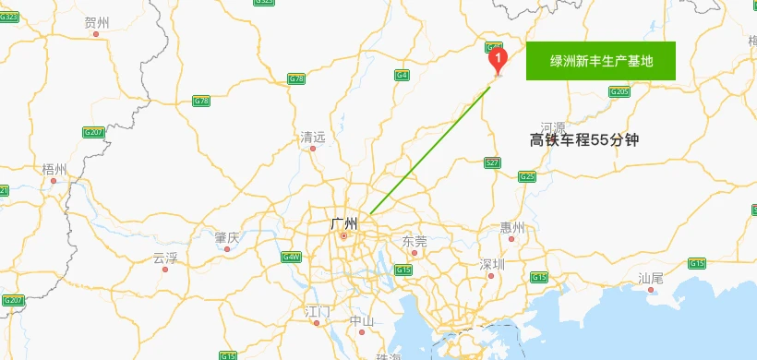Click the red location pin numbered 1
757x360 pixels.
[x=499, y=61]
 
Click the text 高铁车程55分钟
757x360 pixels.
[x=584, y=140]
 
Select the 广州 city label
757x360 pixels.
[x=343, y=222]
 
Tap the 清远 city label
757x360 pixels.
[x=313, y=138]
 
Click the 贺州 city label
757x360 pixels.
[x=96, y=23]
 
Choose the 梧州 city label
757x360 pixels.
[x=54, y=169]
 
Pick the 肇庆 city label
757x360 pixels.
[x=227, y=238]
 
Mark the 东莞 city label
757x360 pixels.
[x=415, y=241]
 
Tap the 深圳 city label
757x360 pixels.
[x=492, y=264]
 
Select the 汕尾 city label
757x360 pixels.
[x=651, y=278]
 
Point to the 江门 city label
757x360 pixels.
[x=317, y=312]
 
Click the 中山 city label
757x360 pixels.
[x=362, y=321]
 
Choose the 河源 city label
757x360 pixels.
[x=553, y=126]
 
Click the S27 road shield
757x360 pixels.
[x=493, y=162]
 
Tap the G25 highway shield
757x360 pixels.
[x=527, y=176]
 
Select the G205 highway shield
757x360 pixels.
[x=619, y=91]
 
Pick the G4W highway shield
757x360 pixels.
[x=292, y=256]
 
